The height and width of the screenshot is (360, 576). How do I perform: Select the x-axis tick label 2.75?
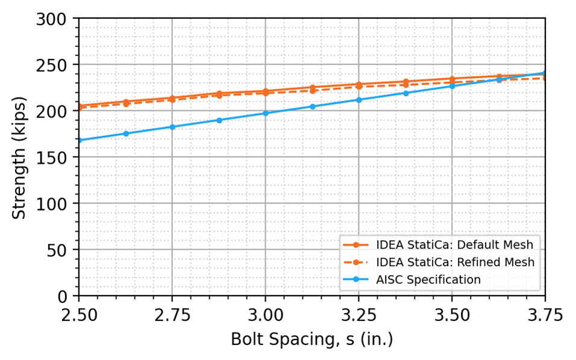pyautogui.click(x=172, y=314)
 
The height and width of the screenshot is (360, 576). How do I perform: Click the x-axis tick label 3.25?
pyautogui.click(x=358, y=314)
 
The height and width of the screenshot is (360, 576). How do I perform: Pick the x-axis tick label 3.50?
pyautogui.click(x=452, y=314)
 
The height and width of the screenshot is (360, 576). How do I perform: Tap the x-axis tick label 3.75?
pyautogui.click(x=545, y=314)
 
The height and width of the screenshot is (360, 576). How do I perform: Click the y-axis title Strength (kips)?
pyautogui.click(x=20, y=158)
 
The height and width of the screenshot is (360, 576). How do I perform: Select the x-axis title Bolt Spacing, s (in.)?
pyautogui.click(x=311, y=340)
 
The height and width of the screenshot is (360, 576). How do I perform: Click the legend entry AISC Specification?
pyautogui.click(x=428, y=279)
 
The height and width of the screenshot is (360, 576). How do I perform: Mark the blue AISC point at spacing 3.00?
pyautogui.click(x=265, y=113)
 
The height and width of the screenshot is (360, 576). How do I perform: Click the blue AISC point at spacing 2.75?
pyautogui.click(x=172, y=127)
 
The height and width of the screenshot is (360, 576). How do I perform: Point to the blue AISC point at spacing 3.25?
pyautogui.click(x=358, y=99)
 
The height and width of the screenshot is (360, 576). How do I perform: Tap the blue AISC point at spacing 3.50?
pyautogui.click(x=452, y=86)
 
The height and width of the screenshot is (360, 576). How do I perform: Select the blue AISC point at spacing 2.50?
pyautogui.click(x=79, y=140)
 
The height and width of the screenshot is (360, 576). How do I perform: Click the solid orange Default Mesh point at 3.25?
pyautogui.click(x=358, y=84)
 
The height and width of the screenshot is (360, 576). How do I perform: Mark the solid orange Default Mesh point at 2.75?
pyautogui.click(x=172, y=98)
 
